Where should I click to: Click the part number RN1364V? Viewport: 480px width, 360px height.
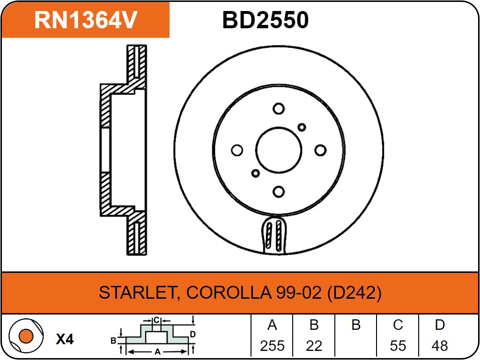[86, 20]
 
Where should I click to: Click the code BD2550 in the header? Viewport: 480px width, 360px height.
[265, 20]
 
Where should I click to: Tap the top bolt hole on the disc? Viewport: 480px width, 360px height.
[279, 109]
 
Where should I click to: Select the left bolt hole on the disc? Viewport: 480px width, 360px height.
[237, 150]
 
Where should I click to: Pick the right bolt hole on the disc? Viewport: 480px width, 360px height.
[320, 150]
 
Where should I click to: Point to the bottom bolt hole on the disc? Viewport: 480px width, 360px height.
[279, 192]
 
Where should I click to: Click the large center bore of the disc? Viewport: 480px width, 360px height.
[279, 150]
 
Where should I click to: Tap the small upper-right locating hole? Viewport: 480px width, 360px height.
[302, 127]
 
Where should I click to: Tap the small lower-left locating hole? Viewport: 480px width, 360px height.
[255, 173]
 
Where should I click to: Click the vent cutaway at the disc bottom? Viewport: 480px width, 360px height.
[274, 235]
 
